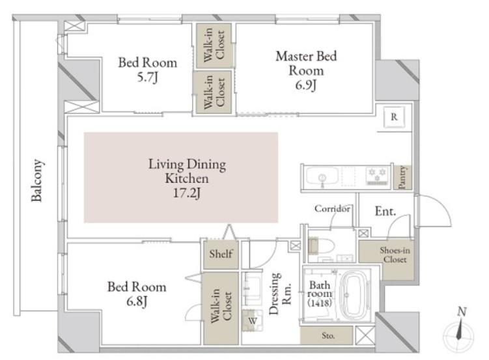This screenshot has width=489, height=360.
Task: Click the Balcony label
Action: point(37,180)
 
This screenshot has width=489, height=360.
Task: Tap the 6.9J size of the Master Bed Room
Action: point(306,85)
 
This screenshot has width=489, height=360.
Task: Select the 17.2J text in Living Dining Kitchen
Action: point(186,193)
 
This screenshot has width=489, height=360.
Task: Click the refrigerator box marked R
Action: point(394,117)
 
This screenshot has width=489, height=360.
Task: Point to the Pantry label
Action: point(402,177)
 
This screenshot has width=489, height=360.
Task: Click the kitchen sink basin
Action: point(322,177)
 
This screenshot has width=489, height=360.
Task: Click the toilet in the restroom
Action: point(321,245)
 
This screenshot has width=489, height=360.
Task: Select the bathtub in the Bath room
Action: point(354,295)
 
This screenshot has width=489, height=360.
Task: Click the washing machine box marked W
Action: point(253,320)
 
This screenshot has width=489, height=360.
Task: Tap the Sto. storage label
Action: point(328,336)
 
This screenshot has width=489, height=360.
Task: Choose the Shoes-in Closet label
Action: point(395,255)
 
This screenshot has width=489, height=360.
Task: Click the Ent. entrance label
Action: point(385,212)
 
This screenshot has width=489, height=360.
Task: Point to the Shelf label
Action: point(221,254)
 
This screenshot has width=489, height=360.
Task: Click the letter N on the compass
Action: point(462,311)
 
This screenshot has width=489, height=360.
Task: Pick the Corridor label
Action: point(332,208)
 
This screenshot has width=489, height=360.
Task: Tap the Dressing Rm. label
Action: point(280,294)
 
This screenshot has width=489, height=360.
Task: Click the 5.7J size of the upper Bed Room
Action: point(148,77)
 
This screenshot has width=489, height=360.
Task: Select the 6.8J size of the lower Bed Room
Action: point(137,301)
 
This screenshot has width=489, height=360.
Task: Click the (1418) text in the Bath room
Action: point(320,302)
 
